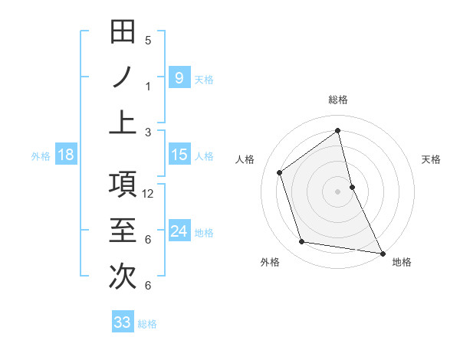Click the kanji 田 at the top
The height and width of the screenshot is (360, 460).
[x=123, y=34]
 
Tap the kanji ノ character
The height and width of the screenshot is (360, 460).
[x=123, y=78]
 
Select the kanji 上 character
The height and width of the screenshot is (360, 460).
[x=123, y=123]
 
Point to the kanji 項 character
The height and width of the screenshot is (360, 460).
[x=123, y=186]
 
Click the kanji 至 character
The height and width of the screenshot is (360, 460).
[x=123, y=231]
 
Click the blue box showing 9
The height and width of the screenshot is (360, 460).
[x=179, y=78]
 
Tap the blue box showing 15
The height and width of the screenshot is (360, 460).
[x=179, y=155]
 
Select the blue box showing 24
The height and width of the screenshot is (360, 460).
[x=179, y=231]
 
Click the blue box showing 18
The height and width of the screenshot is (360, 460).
[x=66, y=155]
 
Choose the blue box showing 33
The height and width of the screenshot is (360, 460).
[x=123, y=322]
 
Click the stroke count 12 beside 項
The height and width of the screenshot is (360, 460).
[x=149, y=194]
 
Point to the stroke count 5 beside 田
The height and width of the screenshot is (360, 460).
[x=148, y=41]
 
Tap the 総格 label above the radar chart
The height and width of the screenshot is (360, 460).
[x=337, y=100]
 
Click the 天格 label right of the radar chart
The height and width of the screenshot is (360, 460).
[x=431, y=159]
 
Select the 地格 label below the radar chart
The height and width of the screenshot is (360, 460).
[x=402, y=262]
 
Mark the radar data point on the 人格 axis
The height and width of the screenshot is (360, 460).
[x=280, y=172]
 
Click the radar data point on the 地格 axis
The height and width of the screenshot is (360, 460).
[x=382, y=252]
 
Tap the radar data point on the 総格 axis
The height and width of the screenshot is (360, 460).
[x=337, y=130]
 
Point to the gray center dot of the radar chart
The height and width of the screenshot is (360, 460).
[x=337, y=191]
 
